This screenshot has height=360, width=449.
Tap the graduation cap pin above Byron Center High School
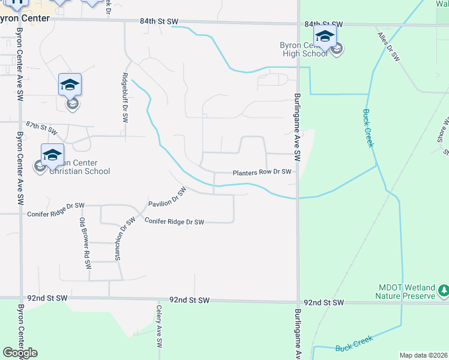coord(325,35)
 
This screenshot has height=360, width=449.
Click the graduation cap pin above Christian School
coord(52,154)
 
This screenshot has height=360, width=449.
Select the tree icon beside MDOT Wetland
coord(444,292)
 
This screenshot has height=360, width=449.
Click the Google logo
coord(20,353)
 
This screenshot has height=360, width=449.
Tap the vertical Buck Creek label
coord(369,128)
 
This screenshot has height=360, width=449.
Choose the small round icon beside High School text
coord(337,49)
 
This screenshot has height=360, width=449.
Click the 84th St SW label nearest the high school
coord(323,24)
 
